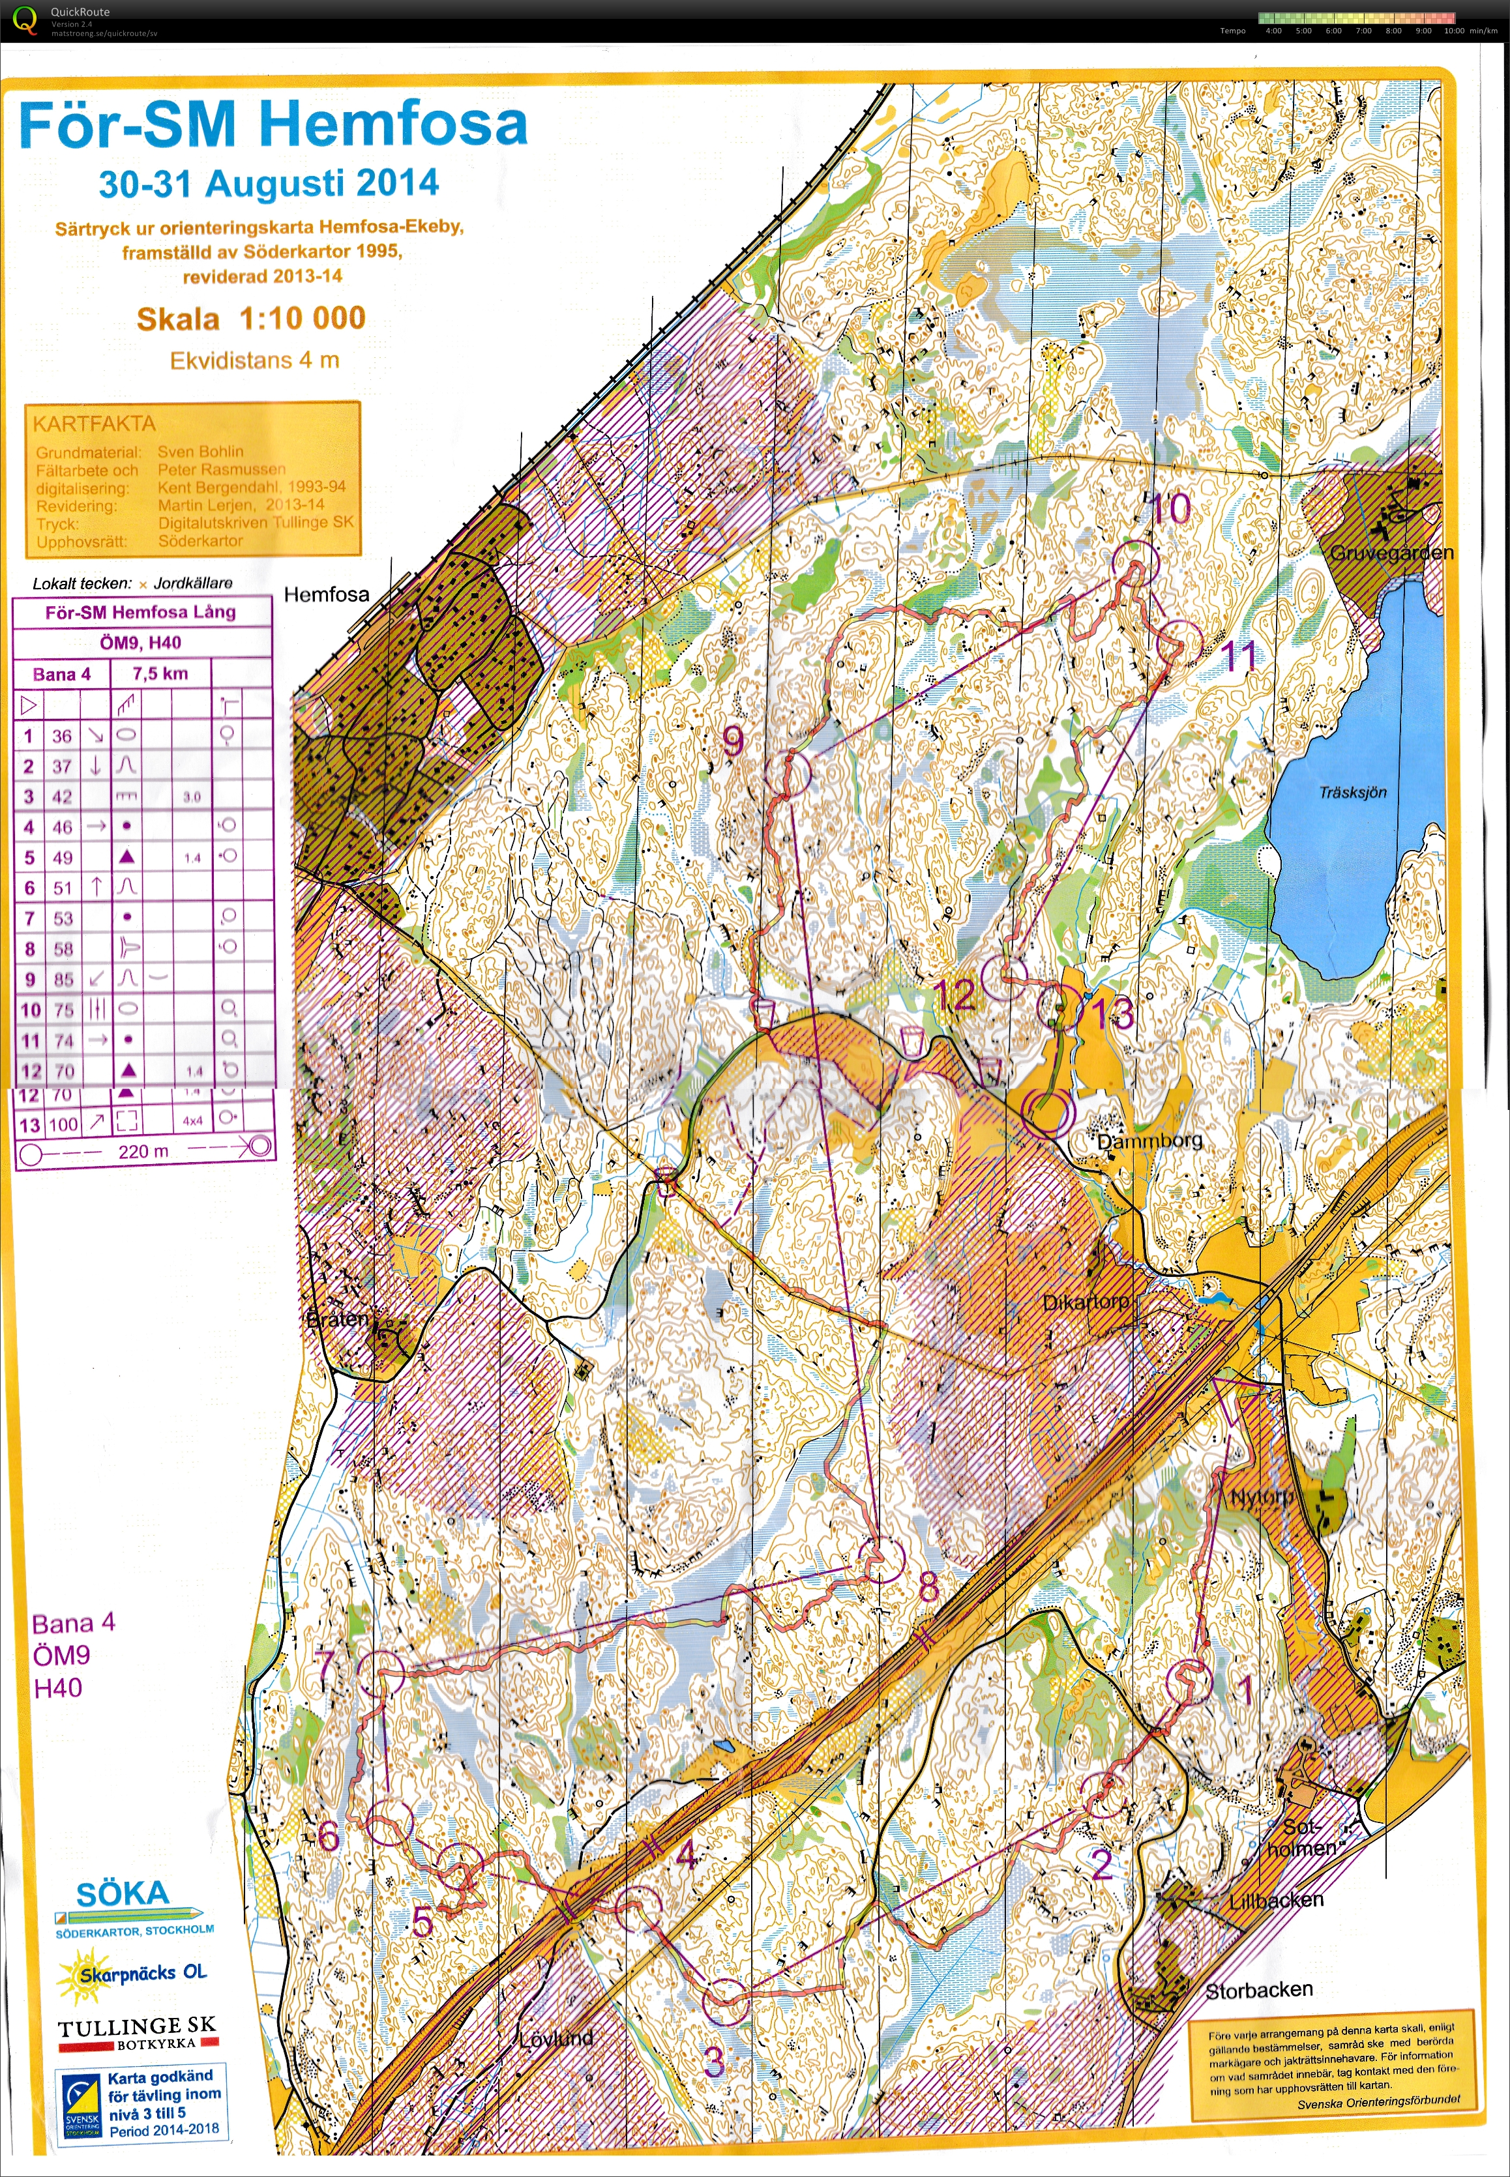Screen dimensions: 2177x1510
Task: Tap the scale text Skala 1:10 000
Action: pyautogui.click(x=251, y=319)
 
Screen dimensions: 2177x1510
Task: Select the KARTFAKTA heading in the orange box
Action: pyautogui.click(x=94, y=424)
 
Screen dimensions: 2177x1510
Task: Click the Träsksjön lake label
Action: pyautogui.click(x=1352, y=791)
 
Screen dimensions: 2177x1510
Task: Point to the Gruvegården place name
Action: pyautogui.click(x=1391, y=552)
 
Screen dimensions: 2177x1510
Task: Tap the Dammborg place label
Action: pyautogui.click(x=1149, y=1141)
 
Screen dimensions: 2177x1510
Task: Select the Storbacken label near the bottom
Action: pyautogui.click(x=1258, y=1990)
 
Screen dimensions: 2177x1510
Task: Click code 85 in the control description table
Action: pyautogui.click(x=63, y=980)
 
